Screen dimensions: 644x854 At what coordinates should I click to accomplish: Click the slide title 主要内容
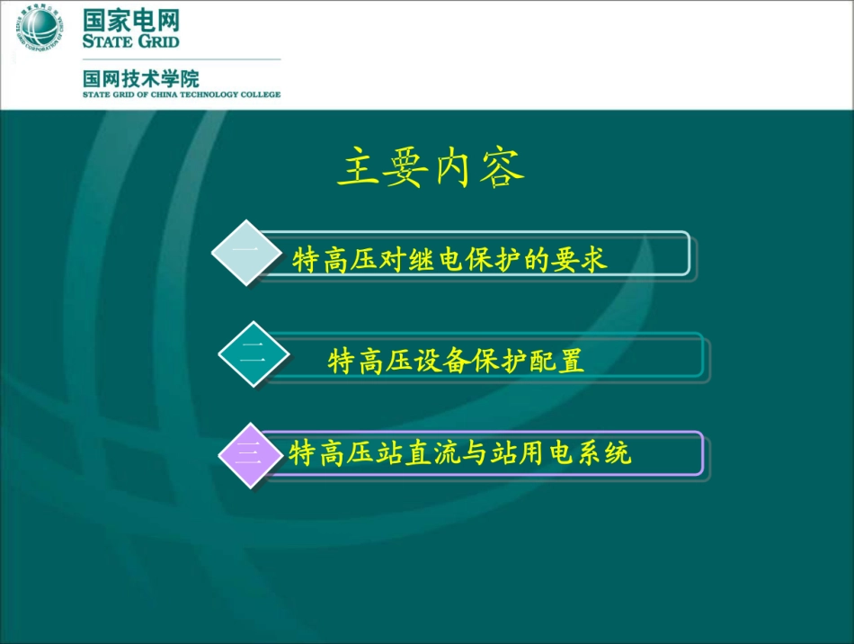click(430, 168)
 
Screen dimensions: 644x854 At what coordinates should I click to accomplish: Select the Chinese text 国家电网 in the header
click(131, 20)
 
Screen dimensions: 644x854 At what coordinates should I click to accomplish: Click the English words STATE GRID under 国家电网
click(131, 41)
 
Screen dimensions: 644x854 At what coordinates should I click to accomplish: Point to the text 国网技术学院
click(141, 77)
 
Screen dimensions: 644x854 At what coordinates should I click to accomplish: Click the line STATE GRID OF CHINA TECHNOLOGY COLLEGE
click(182, 94)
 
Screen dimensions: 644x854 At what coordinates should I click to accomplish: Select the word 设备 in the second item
click(445, 362)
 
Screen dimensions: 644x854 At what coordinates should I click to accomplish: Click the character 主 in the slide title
click(360, 168)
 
